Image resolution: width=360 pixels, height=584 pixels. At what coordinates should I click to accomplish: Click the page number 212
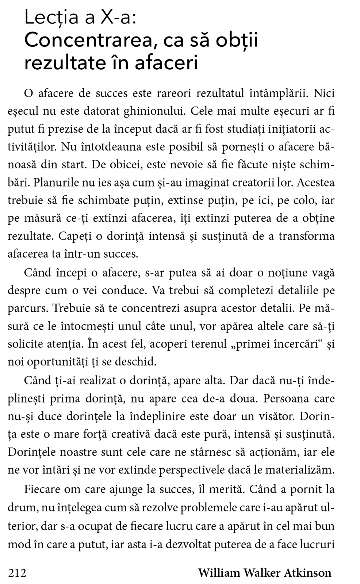pos(17,572)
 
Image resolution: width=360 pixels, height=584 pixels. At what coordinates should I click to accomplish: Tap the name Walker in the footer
pos(257,572)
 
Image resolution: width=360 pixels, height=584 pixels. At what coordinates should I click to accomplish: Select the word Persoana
pos(284,398)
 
